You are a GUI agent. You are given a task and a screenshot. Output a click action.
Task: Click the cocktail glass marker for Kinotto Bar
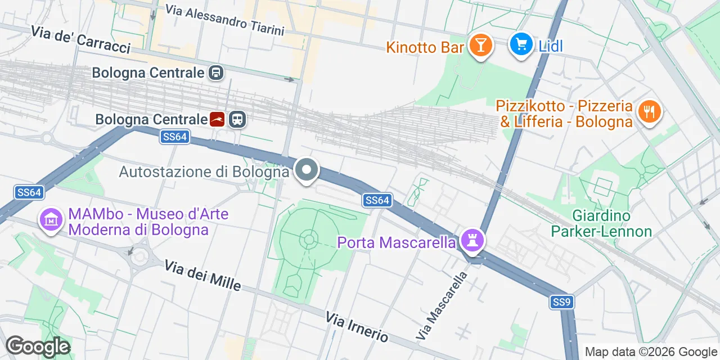[x=480, y=44]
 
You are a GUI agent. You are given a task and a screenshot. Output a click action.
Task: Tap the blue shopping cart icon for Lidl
[x=521, y=44]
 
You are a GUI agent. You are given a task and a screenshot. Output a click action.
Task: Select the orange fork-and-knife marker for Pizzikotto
[x=649, y=111]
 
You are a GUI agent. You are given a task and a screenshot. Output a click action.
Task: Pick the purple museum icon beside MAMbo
[x=51, y=220]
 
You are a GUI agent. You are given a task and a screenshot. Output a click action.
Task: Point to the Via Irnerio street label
[x=357, y=326]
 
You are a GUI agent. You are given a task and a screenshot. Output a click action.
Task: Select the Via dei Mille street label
[x=202, y=276]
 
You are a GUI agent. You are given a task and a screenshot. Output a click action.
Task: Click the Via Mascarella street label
[x=442, y=305]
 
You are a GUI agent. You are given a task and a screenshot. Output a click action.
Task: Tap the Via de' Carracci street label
[x=81, y=39]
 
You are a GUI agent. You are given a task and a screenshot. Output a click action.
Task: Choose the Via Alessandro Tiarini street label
[x=225, y=20]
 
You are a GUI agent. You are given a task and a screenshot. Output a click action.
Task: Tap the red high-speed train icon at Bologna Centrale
[x=217, y=119]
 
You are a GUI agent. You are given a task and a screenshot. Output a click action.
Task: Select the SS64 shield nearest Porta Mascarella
[x=376, y=200]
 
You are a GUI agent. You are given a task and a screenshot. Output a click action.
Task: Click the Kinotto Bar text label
[x=425, y=47]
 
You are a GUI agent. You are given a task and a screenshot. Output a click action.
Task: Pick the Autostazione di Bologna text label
[x=204, y=172]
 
